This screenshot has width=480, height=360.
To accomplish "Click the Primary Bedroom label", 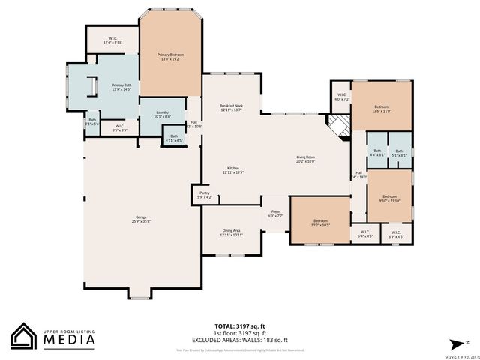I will [x=170, y=57].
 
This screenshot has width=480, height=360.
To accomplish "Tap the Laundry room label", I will [x=163, y=115].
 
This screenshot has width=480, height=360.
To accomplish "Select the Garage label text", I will [x=142, y=219].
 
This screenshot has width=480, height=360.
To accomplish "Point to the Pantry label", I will [x=205, y=195].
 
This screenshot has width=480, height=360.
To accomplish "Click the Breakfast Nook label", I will [x=231, y=108].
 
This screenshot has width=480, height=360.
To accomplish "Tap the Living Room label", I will [x=305, y=159].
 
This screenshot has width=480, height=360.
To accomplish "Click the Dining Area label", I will [x=231, y=233].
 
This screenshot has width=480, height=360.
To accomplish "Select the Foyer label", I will [x=275, y=214].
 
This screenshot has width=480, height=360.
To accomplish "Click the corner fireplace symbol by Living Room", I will [x=340, y=127].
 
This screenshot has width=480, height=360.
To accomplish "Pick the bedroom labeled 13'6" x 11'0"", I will [x=381, y=109].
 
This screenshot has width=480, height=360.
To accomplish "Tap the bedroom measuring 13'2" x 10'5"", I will [x=320, y=223].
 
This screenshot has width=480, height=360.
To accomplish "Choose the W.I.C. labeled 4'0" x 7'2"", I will [x=341, y=97].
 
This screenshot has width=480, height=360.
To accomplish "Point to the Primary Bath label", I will [x=121, y=88].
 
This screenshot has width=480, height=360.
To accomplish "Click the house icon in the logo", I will [x=24, y=336].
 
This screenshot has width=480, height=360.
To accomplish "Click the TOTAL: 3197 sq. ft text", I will [x=240, y=326].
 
